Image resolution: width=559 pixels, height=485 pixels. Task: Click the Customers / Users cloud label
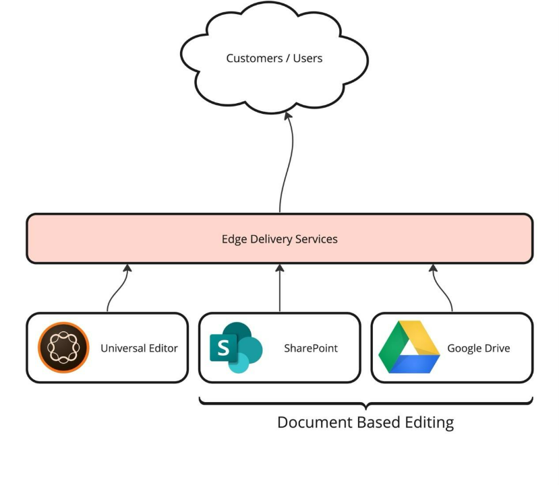(274, 58)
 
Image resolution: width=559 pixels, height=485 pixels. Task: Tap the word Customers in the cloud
(251, 58)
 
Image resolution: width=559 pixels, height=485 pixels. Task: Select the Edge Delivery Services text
(279, 239)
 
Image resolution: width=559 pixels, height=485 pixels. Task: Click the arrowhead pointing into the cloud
(289, 117)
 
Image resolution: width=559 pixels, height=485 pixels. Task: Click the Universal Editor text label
(139, 348)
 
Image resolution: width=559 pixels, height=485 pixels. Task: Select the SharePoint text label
(311, 348)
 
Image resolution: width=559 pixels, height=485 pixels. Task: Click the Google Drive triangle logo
(409, 348)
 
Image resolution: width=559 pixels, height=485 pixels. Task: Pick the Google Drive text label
(478, 348)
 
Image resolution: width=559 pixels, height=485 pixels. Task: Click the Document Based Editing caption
(365, 423)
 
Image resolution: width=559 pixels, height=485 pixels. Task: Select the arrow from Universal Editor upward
(118, 290)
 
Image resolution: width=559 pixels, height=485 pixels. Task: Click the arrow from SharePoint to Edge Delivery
(280, 288)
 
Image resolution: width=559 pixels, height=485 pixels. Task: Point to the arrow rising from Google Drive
(442, 290)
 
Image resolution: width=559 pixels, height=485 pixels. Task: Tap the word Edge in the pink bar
(233, 239)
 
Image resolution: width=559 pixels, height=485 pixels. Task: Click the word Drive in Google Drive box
(496, 348)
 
